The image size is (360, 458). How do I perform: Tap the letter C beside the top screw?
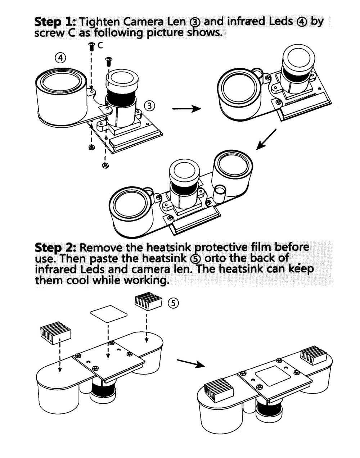[100, 46]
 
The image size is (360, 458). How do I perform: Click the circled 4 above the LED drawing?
[60, 58]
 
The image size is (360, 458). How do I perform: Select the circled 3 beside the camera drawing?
[149, 105]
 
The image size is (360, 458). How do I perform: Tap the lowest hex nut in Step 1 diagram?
[104, 165]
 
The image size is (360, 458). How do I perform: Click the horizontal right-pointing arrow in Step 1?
[186, 109]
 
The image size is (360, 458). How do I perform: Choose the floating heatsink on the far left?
[55, 333]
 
